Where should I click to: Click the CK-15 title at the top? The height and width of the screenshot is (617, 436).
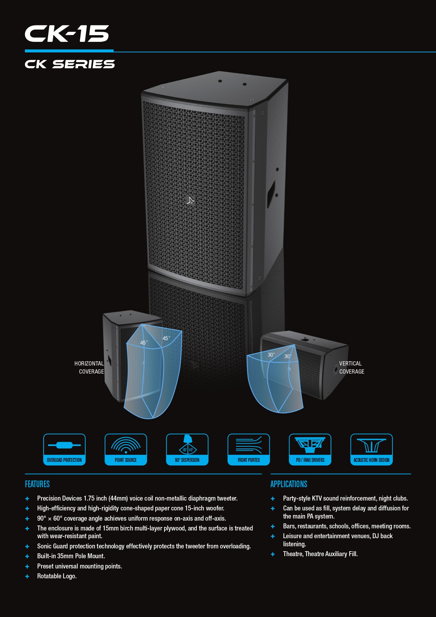tap(67, 34)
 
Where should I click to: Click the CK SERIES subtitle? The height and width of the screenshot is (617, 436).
tap(70, 64)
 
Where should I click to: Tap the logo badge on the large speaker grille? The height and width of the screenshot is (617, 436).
tap(190, 201)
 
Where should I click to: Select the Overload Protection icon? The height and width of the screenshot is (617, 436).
tap(64, 449)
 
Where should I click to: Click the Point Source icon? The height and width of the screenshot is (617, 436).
tap(126, 449)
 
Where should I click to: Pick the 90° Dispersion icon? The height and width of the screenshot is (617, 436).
tap(187, 449)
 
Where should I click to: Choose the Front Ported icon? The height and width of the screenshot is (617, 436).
tap(249, 449)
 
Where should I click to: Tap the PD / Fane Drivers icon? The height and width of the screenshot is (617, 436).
tap(310, 449)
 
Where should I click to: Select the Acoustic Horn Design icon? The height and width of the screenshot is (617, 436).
tap(372, 449)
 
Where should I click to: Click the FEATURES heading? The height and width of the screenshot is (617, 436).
tap(37, 484)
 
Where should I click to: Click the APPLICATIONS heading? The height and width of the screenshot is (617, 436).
tap(289, 484)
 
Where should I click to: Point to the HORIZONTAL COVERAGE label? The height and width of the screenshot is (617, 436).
tap(90, 368)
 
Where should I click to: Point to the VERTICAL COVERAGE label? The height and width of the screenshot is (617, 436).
tap(351, 368)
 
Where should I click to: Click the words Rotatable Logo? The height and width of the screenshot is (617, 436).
tap(57, 576)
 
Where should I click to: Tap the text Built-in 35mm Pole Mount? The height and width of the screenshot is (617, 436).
tap(71, 556)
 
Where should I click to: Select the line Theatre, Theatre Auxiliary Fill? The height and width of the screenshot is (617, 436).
tap(320, 554)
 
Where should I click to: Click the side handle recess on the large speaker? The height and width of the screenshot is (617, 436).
tap(271, 193)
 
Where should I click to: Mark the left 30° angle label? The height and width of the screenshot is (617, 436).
tap(271, 355)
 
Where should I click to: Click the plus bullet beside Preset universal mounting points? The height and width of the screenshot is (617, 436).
tap(27, 566)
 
